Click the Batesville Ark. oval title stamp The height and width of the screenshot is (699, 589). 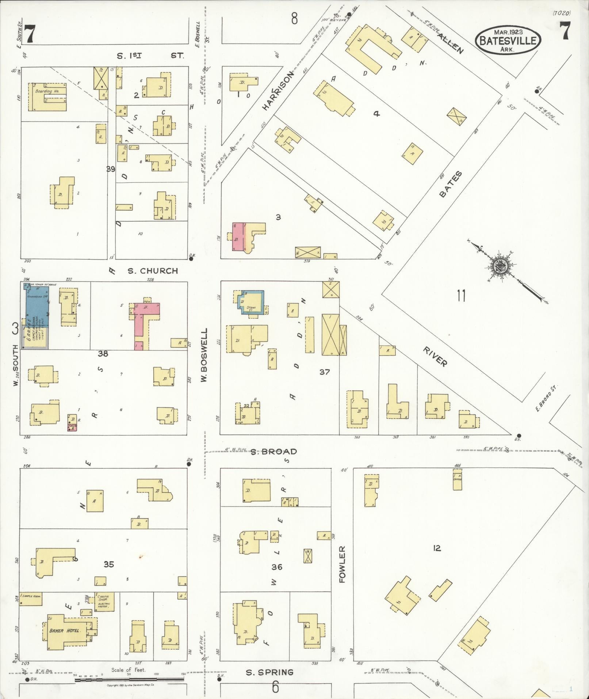pos(508,39)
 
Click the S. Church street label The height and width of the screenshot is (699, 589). pos(153,271)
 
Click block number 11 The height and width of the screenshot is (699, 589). pos(461,296)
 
